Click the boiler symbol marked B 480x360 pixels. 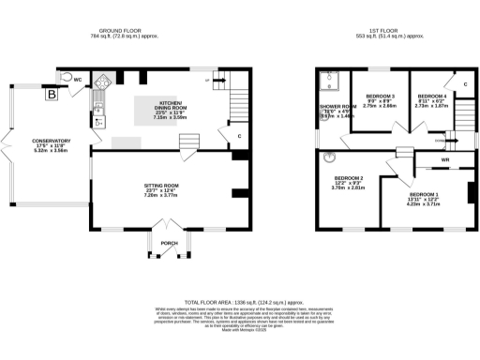pyautogui.click(x=52, y=94)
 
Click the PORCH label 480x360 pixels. pyautogui.click(x=169, y=243)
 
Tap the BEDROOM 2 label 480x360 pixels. pyautogui.click(x=348, y=177)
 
